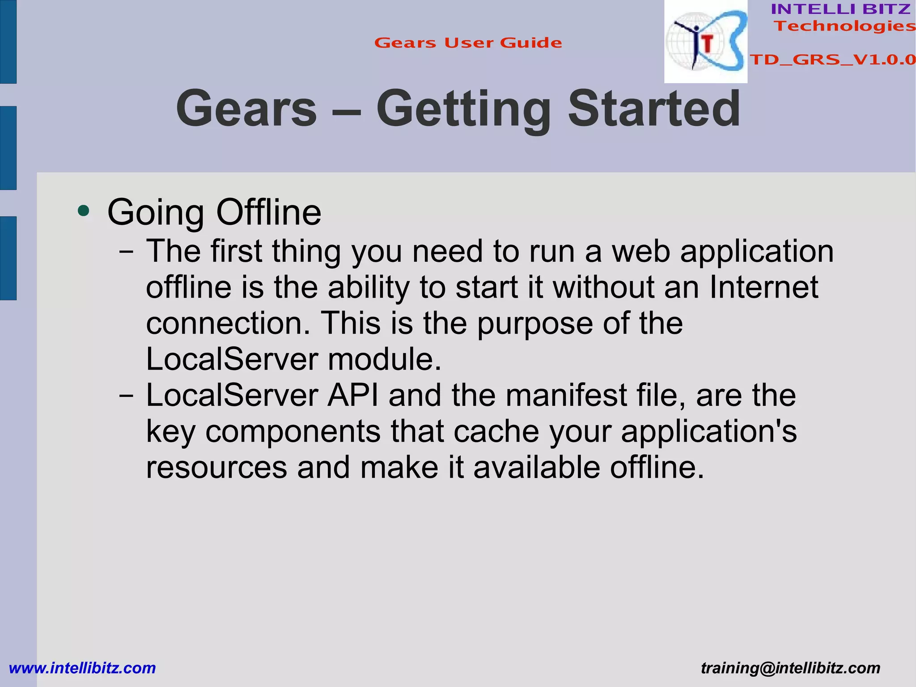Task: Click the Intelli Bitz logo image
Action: click(x=705, y=42)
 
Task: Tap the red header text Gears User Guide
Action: click(x=468, y=43)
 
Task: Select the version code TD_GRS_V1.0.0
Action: click(x=832, y=60)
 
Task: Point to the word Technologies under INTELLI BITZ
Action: click(x=844, y=26)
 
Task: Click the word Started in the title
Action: click(x=654, y=109)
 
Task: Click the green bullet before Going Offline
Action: click(x=83, y=211)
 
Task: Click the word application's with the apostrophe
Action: click(x=708, y=432)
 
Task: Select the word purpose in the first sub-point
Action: click(x=534, y=324)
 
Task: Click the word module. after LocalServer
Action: click(x=384, y=359)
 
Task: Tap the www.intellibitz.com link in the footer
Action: click(x=82, y=668)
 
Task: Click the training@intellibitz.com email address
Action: click(x=790, y=668)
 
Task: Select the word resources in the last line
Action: click(x=216, y=468)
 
